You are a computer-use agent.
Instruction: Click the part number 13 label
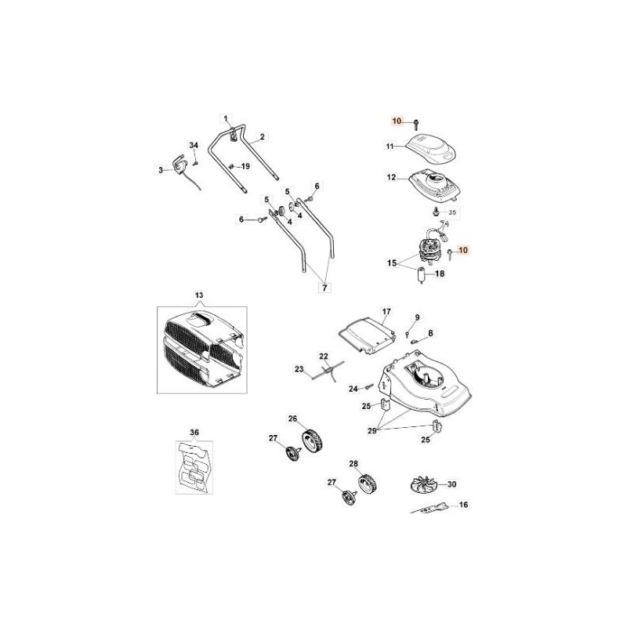(x=198, y=295)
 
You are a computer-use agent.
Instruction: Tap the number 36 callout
(x=194, y=432)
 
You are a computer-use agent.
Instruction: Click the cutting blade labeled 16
(x=433, y=509)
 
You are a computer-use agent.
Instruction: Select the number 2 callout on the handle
(x=262, y=136)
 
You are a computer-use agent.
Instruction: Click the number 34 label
(x=194, y=145)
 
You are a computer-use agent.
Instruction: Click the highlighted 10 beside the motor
(x=462, y=250)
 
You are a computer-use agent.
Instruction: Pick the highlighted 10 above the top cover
(x=397, y=121)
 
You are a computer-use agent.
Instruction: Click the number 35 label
(x=452, y=212)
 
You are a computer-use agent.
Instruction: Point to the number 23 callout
(x=299, y=368)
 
